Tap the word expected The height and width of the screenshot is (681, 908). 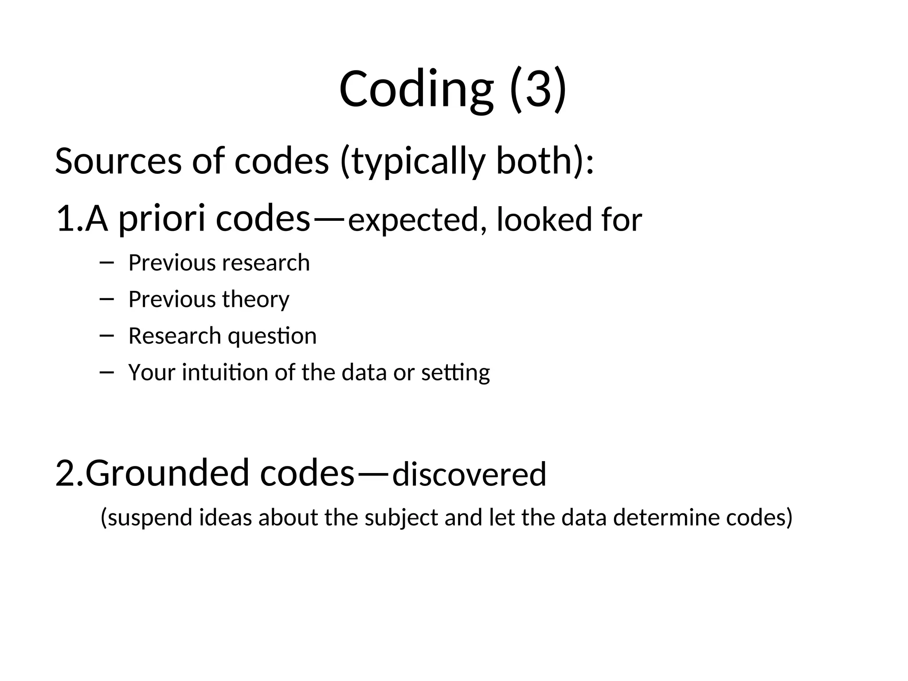coord(413,220)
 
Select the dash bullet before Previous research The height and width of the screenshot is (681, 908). coord(106,263)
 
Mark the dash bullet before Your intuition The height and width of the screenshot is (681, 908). coord(106,372)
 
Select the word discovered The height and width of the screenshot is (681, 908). coord(469,474)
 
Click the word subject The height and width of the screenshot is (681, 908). coord(401,518)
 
